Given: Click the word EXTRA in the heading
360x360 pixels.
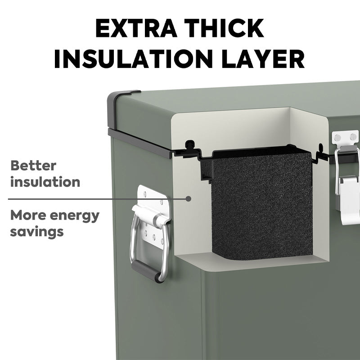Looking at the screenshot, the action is (136, 28).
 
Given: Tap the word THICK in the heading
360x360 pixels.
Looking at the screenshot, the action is (224, 28).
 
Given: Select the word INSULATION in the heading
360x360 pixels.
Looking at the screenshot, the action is (134, 59).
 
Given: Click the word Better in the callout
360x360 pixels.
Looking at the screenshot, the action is (33, 165).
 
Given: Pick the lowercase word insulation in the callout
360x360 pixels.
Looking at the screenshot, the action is (45, 182).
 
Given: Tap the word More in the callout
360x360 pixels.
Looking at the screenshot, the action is (28, 215).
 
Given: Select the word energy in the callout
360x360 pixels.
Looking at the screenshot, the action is (74, 216).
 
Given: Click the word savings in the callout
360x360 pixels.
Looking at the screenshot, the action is (37, 232).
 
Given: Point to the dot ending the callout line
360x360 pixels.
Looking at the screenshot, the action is (188, 198).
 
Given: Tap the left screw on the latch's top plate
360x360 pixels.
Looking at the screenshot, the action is (337, 138).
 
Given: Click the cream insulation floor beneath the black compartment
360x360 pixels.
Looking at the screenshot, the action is (252, 262).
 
